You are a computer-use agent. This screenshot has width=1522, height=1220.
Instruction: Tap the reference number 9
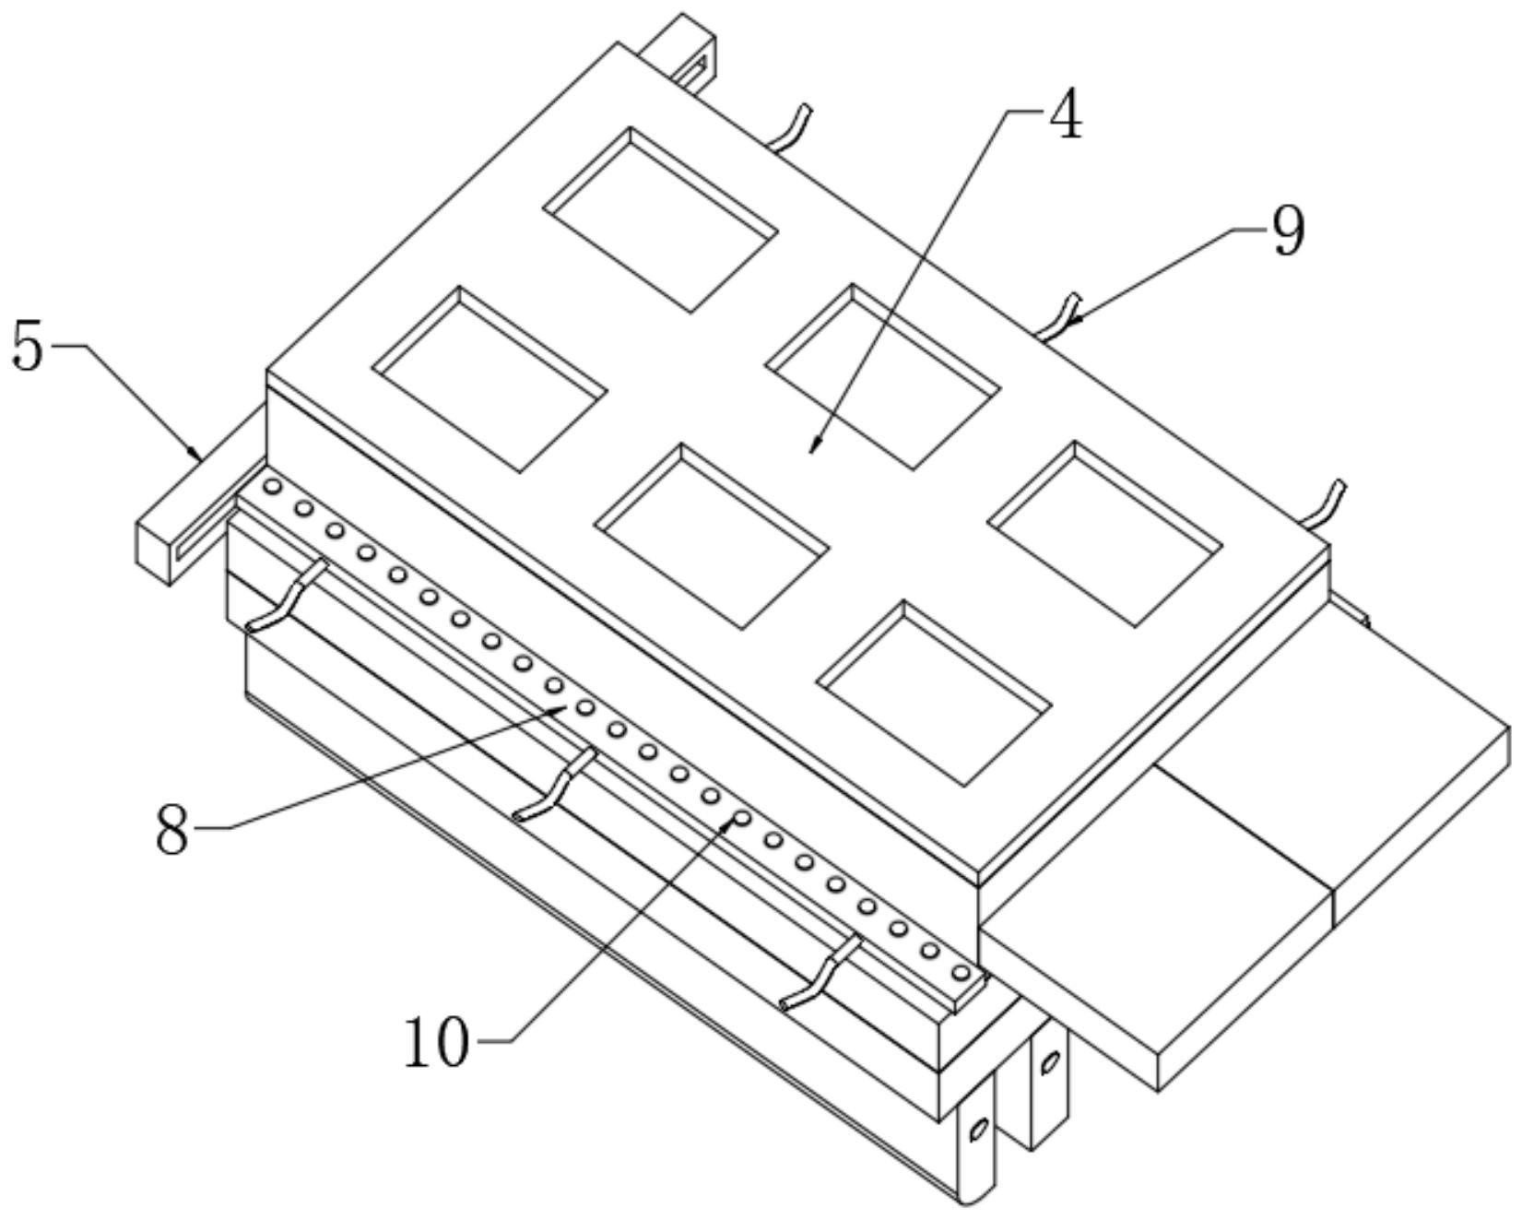[1288, 231]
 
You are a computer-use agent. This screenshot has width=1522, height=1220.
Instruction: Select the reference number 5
[28, 348]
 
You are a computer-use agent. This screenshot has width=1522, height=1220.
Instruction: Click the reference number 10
[437, 1043]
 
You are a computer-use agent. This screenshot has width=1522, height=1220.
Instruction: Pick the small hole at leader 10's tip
[741, 817]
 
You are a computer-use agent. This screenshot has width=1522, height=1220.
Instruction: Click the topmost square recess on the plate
[659, 219]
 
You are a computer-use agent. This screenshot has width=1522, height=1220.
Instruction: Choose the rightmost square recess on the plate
[1105, 535]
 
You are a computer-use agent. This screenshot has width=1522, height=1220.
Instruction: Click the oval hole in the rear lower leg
[1049, 1062]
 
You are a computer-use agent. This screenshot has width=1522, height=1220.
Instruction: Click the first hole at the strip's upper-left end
[272, 486]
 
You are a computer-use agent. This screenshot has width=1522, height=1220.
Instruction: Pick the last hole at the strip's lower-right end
[961, 972]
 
